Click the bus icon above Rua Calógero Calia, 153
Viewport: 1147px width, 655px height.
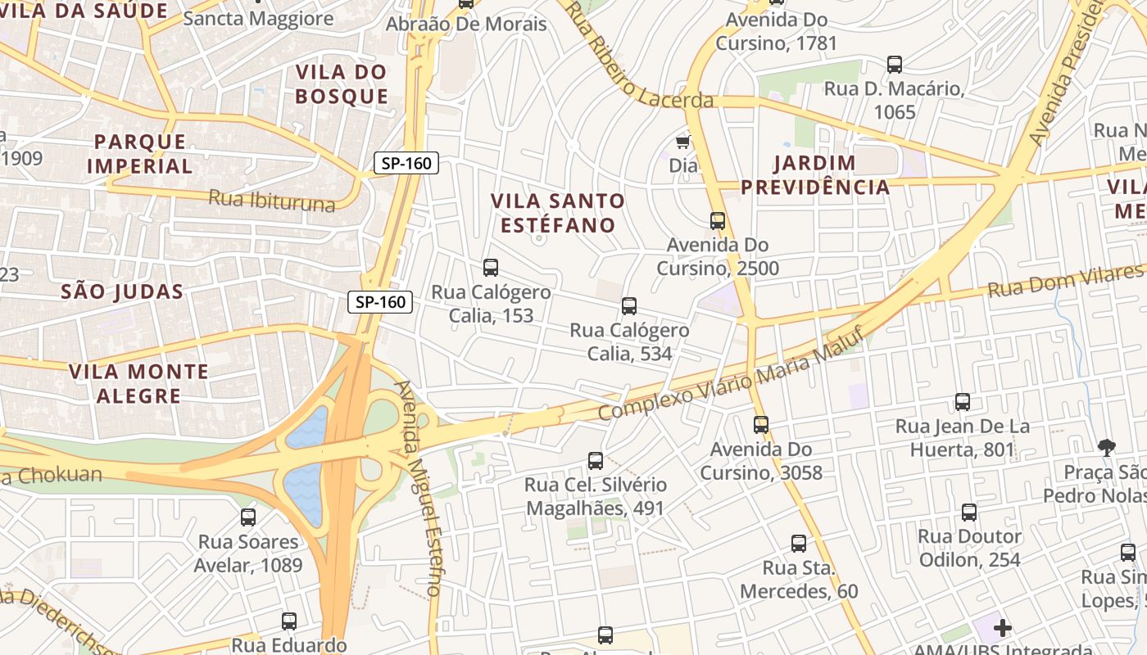(x=491, y=268)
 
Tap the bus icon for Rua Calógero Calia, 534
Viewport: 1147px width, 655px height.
(x=629, y=306)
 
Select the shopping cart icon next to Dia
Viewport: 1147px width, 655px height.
(x=682, y=142)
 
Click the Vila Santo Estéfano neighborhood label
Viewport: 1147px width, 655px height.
(x=557, y=213)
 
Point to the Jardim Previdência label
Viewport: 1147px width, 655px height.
(x=815, y=174)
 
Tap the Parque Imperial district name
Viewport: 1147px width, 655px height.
(x=139, y=154)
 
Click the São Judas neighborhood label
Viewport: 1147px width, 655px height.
(x=122, y=291)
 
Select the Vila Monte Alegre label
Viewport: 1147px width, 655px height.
(x=138, y=383)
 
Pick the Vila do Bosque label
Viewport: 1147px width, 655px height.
(x=342, y=84)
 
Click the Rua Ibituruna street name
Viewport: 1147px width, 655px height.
(x=271, y=201)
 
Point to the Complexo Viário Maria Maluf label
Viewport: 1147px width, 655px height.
(x=731, y=373)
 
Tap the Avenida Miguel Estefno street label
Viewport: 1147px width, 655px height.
(x=419, y=488)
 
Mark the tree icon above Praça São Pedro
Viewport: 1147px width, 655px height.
(x=1106, y=447)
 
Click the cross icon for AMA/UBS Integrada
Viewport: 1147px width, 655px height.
(x=1002, y=629)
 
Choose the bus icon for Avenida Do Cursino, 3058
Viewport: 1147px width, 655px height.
(x=761, y=425)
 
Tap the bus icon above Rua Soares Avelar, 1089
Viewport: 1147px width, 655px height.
(x=248, y=517)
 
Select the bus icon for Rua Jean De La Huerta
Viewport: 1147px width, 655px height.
(x=963, y=402)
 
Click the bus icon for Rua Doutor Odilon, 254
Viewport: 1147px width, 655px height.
(x=969, y=513)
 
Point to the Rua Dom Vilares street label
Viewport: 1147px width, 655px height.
(x=1065, y=282)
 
